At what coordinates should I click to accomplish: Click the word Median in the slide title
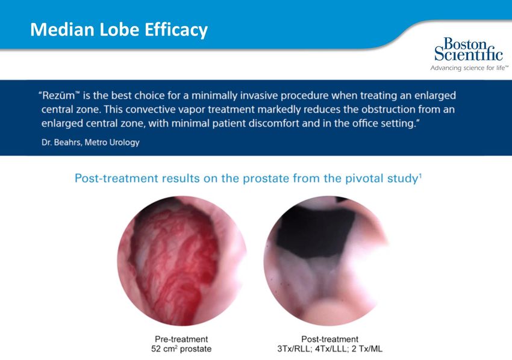(63, 29)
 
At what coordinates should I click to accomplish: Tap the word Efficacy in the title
(176, 30)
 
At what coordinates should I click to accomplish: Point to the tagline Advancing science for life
(469, 68)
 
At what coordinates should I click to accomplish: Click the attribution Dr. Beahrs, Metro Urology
(90, 142)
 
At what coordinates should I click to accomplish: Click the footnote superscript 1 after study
(420, 176)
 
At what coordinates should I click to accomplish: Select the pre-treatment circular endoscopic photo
(182, 261)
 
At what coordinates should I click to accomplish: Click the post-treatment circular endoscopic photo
(326, 261)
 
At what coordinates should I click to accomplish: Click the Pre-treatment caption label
(181, 339)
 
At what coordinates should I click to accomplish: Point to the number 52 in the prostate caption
(156, 349)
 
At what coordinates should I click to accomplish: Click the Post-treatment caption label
(330, 339)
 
